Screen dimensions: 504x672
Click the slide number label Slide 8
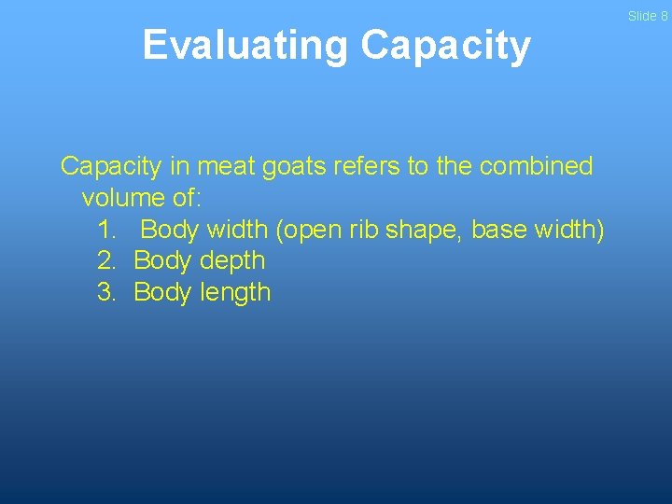[x=647, y=16]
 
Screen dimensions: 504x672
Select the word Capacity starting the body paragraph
[x=111, y=167]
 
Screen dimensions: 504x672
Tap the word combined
[x=536, y=167]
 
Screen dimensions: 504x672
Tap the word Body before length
[x=162, y=293]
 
